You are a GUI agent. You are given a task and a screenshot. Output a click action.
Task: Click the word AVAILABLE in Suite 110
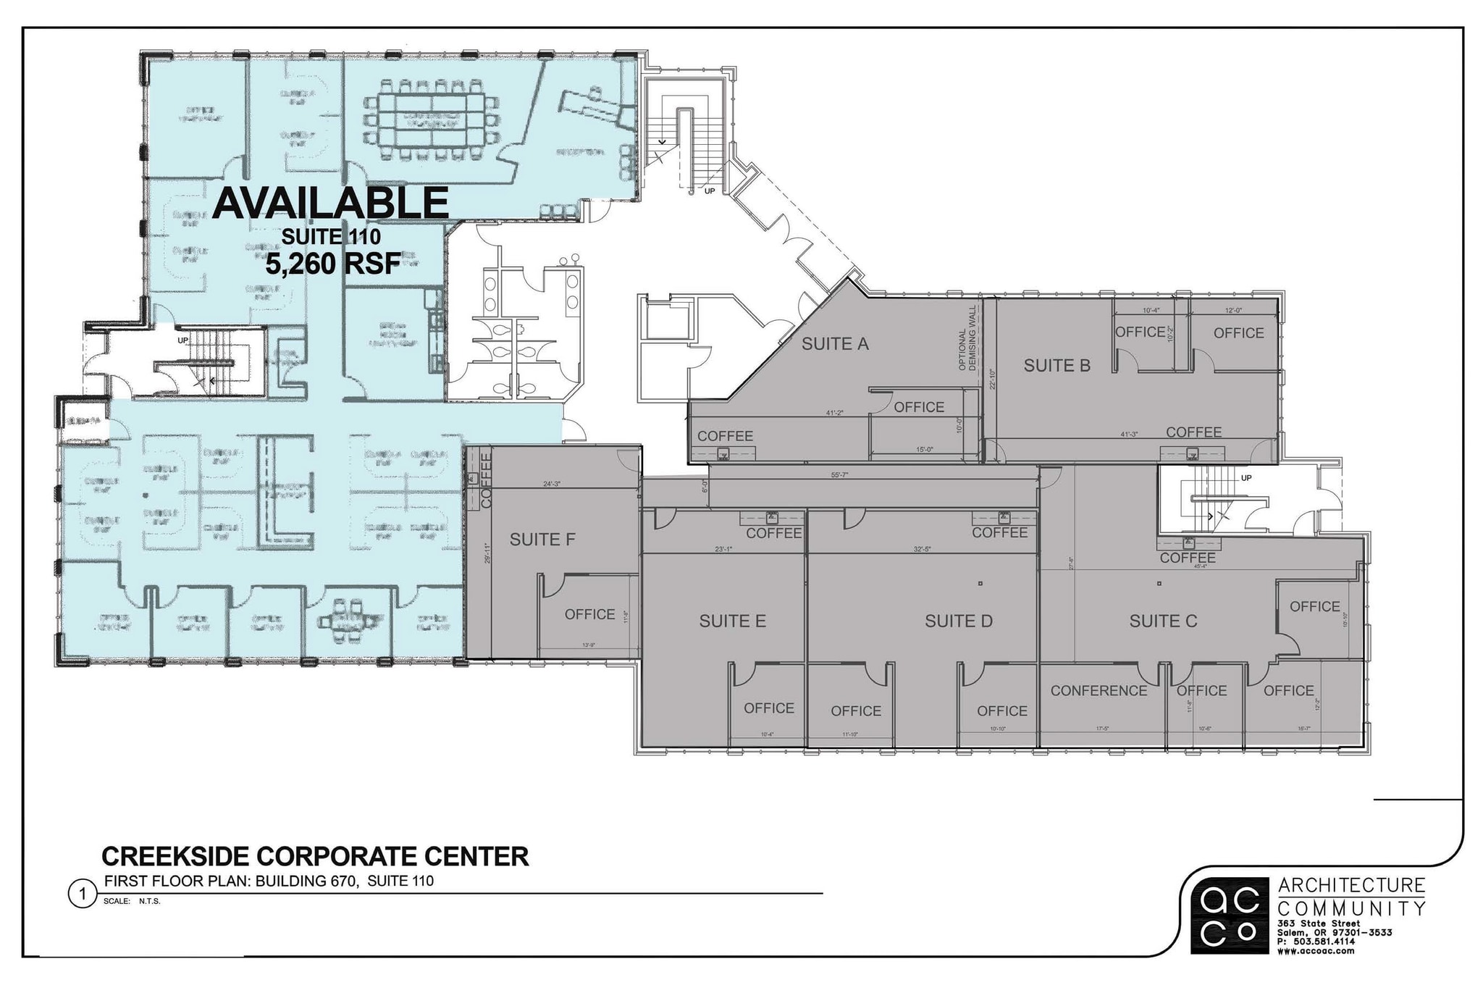[x=330, y=203]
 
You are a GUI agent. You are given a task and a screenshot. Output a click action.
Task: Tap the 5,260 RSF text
[x=332, y=264]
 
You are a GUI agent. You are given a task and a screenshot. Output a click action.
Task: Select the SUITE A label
[x=834, y=344]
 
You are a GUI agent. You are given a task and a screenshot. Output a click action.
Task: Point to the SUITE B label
[x=1056, y=366]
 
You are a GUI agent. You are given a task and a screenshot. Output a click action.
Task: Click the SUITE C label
[x=1163, y=621]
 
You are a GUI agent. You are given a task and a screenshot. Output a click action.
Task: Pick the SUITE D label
[x=958, y=621]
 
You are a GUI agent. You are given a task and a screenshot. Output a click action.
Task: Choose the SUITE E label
[x=732, y=621]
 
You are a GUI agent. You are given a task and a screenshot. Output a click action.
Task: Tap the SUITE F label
[x=542, y=540]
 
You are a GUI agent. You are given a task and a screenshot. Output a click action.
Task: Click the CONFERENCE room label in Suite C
[x=1098, y=691]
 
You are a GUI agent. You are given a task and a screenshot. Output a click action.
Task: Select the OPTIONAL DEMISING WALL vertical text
[x=967, y=338]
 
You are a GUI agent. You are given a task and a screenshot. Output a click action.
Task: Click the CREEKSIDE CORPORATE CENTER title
[x=315, y=856]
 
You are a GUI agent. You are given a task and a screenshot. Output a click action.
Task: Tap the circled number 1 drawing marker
[x=81, y=894]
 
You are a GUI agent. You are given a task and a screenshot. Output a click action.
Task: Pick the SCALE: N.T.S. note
[x=131, y=902]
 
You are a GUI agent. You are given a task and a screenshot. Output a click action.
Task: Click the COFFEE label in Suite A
[x=725, y=436]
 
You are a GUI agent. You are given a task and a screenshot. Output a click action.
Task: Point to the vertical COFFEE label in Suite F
[x=486, y=479]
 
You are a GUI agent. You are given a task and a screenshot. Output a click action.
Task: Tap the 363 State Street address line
[x=1319, y=923]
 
